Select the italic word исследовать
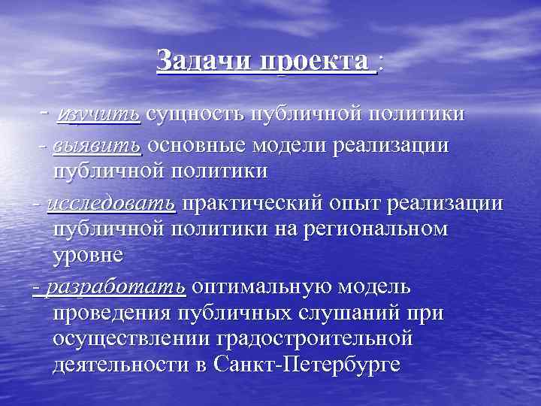(x=111, y=203)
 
